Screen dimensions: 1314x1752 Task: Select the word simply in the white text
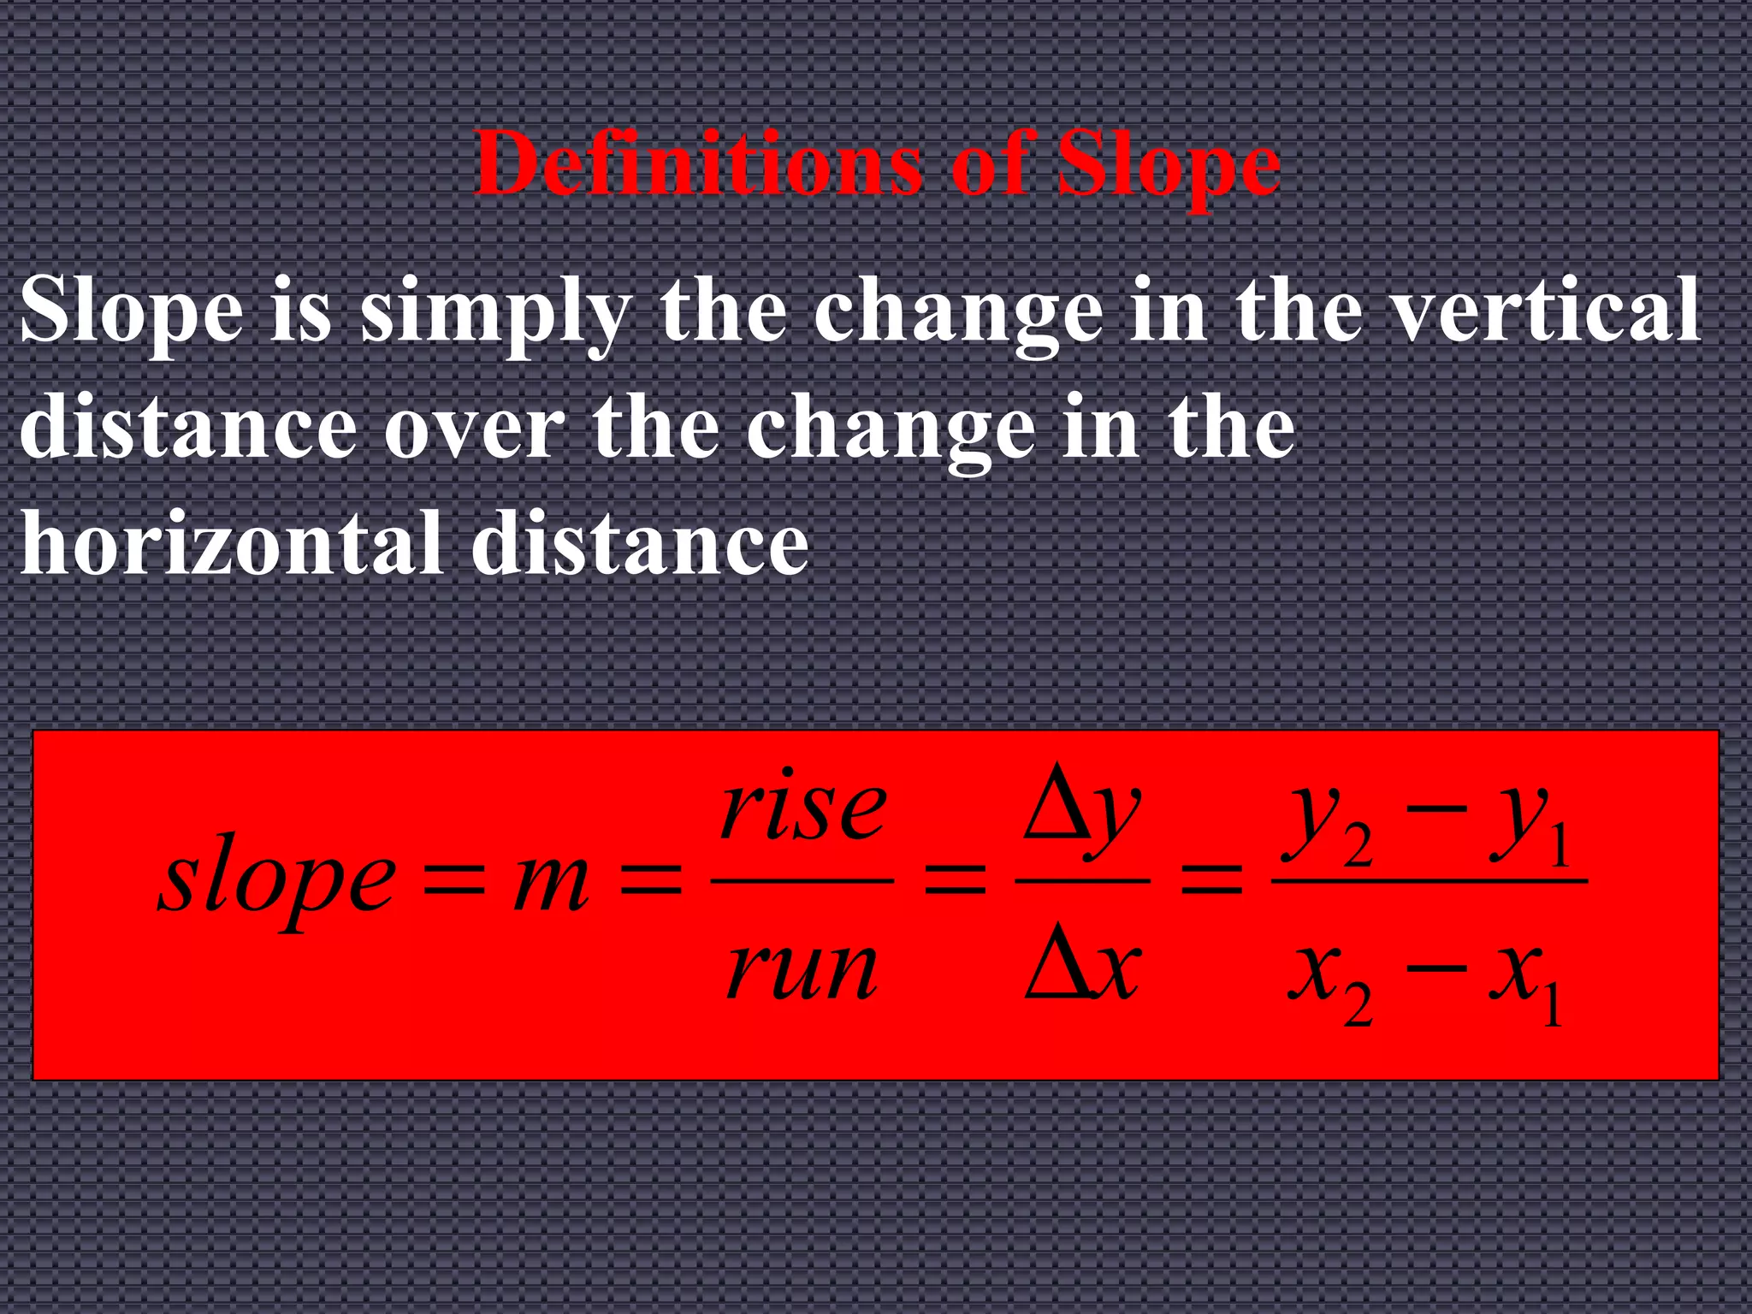(x=494, y=313)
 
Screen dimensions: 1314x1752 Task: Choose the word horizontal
(x=231, y=544)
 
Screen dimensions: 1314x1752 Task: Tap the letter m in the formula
(x=551, y=881)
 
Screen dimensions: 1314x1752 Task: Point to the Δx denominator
(x=1082, y=971)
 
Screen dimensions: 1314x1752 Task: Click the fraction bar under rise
(x=802, y=879)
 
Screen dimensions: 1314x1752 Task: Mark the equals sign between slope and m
(x=454, y=881)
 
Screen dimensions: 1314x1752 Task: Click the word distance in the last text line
(x=639, y=544)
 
